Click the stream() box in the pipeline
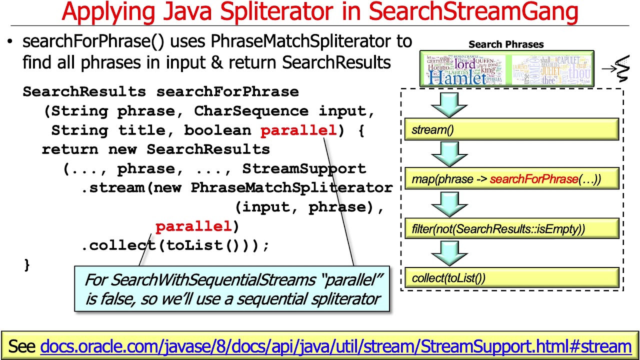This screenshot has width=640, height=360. [511, 130]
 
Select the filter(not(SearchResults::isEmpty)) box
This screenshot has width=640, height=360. [511, 229]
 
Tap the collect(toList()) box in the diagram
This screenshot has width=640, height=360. [511, 278]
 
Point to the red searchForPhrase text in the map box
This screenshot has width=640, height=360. [534, 179]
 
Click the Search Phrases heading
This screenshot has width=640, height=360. [506, 44]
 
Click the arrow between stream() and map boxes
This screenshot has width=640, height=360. [449, 153]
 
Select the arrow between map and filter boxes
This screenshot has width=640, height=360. [449, 203]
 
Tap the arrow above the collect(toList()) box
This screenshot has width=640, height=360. [449, 252]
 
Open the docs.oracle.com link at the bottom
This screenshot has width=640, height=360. [335, 346]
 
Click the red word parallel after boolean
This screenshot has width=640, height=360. [298, 130]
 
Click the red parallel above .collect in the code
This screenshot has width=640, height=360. [193, 226]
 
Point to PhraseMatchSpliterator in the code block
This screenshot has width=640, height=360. [291, 188]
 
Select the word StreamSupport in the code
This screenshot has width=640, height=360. [304, 169]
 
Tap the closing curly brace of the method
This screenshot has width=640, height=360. [27, 264]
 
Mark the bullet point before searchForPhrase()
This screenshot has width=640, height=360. [10, 42]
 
